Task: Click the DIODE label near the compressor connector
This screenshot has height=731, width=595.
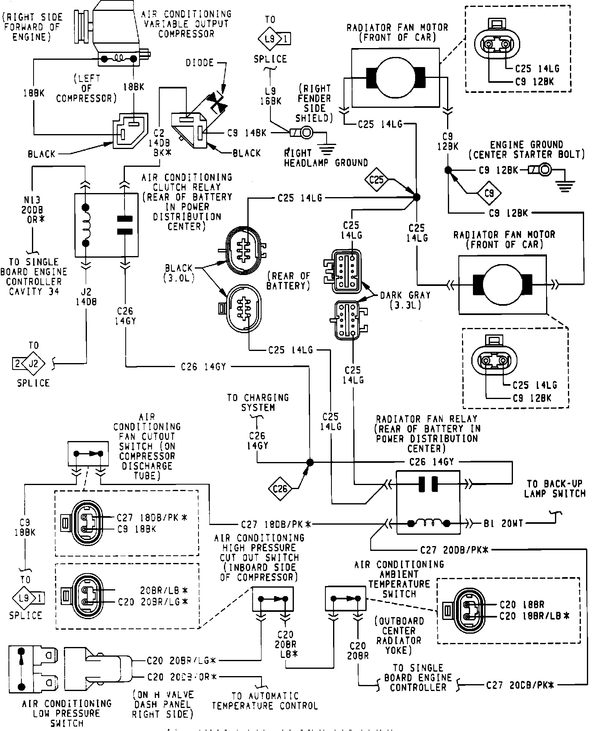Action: click(x=200, y=63)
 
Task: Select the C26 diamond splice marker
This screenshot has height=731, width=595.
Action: click(x=280, y=489)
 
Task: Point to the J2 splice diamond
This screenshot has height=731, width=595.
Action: click(x=34, y=363)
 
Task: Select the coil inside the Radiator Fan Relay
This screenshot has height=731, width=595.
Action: click(x=428, y=523)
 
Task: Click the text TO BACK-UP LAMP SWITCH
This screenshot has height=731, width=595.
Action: click(x=556, y=488)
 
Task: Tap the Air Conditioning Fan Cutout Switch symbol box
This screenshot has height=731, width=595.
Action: click(x=88, y=454)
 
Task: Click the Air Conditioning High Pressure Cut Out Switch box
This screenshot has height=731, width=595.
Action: click(x=273, y=599)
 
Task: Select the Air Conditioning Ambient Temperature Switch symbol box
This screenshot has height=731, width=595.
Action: click(x=345, y=599)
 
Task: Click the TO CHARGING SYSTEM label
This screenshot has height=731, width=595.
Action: click(x=258, y=403)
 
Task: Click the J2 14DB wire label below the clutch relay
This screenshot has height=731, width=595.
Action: click(x=86, y=296)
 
